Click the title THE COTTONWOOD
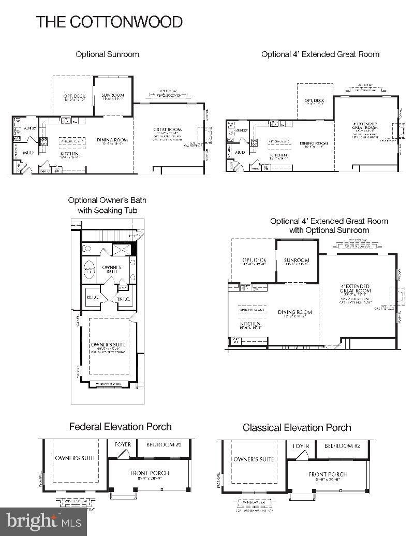click(109, 22)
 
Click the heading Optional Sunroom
click(107, 54)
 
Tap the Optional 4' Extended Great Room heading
click(320, 54)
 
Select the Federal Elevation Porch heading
click(121, 427)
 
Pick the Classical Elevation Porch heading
click(297, 427)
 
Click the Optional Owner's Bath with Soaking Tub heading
click(108, 205)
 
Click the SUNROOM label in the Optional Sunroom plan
click(112, 96)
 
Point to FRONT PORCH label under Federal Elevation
click(150, 473)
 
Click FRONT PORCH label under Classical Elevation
click(328, 474)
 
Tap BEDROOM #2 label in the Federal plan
click(164, 445)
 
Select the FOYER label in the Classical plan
click(301, 446)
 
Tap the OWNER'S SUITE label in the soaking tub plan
click(109, 344)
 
